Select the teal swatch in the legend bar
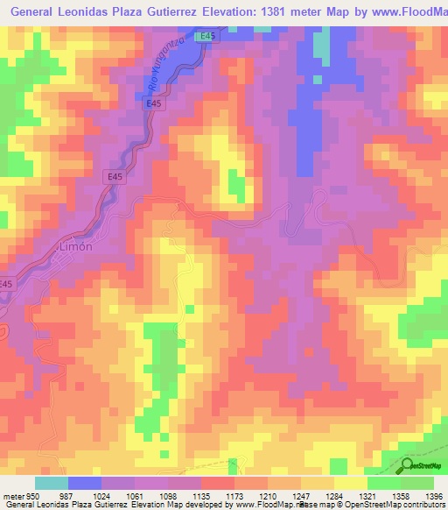coord(52,484)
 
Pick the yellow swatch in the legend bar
coord(349,484)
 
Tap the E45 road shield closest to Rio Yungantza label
coord(206,36)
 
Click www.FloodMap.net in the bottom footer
coord(259,504)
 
